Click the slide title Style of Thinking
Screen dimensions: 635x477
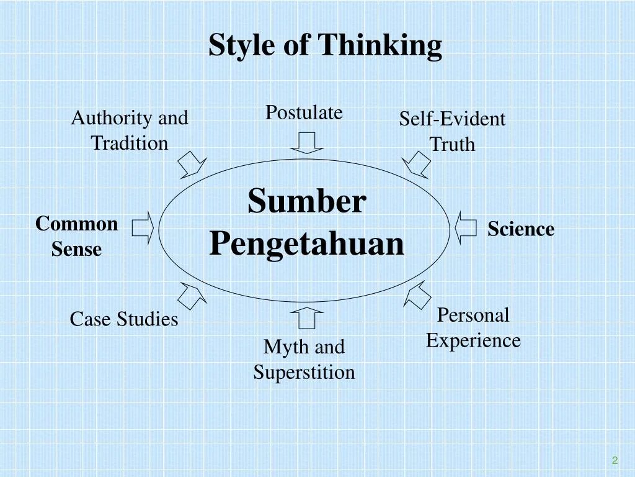[x=325, y=45]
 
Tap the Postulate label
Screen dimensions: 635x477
[x=304, y=112]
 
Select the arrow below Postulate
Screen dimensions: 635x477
[x=306, y=142]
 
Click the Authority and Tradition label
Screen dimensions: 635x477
[x=130, y=130]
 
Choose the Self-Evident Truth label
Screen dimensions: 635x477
[x=452, y=131]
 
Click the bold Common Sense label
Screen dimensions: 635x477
[x=76, y=236]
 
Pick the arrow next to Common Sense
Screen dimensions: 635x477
[x=143, y=228]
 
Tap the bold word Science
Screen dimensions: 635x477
[x=520, y=229]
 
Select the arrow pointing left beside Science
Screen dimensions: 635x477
[x=466, y=228]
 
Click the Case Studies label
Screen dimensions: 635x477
[x=124, y=319]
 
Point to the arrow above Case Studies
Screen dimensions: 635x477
[x=192, y=295]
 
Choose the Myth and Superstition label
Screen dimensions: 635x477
[x=304, y=360]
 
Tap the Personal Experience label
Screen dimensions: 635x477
[x=473, y=328]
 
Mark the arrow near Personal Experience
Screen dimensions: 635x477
[x=417, y=294]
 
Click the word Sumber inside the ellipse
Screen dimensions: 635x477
[x=307, y=201]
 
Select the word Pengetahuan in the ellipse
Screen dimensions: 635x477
[x=306, y=243]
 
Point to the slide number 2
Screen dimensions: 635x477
[x=615, y=460]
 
